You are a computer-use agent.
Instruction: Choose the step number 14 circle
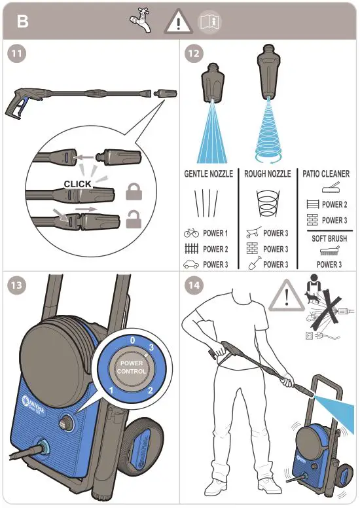192,286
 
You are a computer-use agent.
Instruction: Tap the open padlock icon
135,217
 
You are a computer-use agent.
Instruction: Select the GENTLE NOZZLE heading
208,174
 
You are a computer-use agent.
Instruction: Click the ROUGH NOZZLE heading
266,174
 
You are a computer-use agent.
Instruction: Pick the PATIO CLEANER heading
326,174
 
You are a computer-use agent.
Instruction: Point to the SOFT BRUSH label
329,238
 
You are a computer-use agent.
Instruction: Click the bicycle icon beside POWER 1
191,233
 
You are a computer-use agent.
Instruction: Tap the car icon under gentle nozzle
191,264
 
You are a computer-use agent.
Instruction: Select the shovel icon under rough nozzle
250,264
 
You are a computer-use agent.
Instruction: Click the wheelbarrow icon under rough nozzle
251,233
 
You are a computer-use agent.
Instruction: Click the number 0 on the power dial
132,341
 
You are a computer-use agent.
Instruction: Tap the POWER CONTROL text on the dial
132,367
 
